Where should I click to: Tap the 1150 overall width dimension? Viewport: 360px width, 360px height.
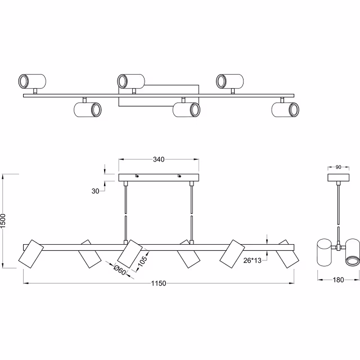(158, 283)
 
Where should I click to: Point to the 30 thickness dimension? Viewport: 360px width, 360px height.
(95, 191)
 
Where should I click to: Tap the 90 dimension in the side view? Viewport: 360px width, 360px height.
(338, 168)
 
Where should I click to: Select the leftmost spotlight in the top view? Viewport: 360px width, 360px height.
(32, 81)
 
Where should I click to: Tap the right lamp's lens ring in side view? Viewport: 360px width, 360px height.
(352, 260)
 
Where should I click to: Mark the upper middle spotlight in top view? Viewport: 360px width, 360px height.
(130, 81)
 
